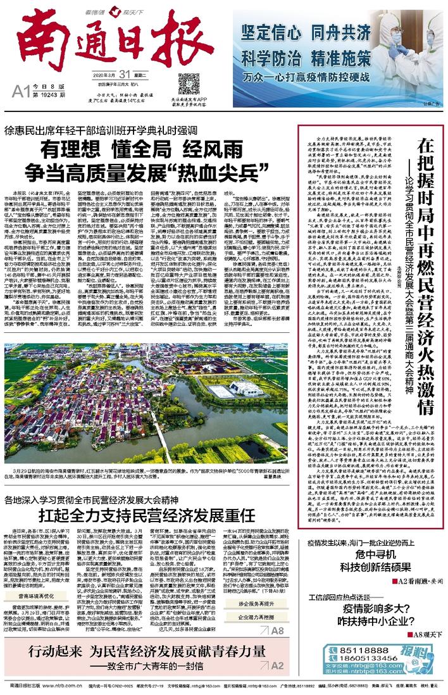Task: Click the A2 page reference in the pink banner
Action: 277,666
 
